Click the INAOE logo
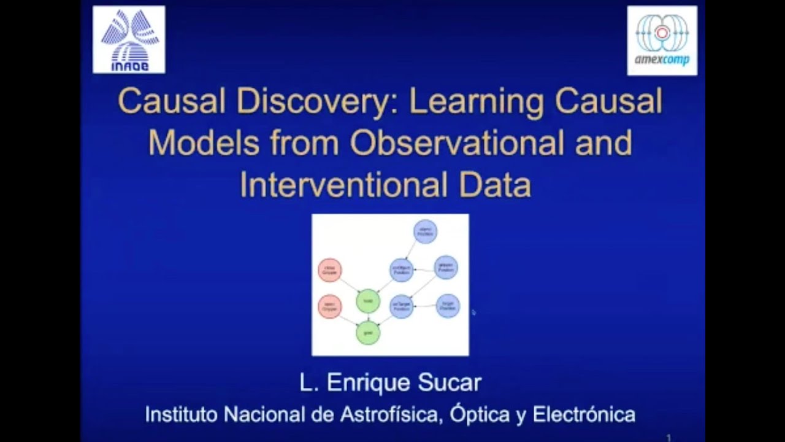(x=129, y=40)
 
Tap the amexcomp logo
(x=662, y=41)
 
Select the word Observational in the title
(x=457, y=143)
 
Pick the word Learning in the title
(x=472, y=102)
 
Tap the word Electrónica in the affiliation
(x=583, y=414)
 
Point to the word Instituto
(x=182, y=414)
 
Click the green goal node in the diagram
(x=368, y=332)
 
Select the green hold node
(x=368, y=301)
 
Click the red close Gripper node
(x=330, y=270)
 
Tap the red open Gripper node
(x=330, y=306)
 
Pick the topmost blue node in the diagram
(x=425, y=231)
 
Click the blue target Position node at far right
(x=448, y=306)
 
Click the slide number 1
(x=668, y=438)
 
